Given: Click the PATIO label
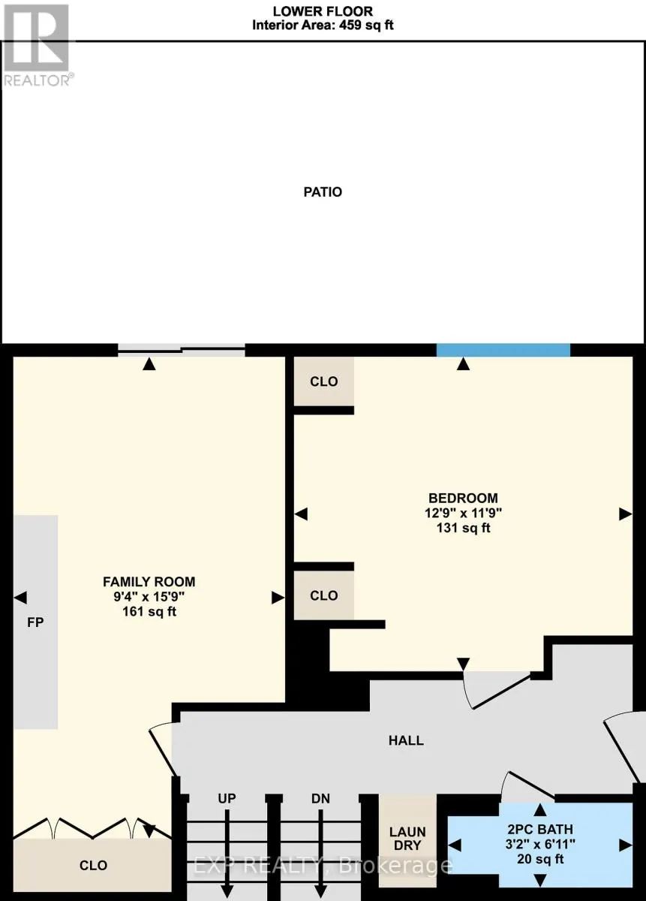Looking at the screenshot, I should click(x=323, y=192).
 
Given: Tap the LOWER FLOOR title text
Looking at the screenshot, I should click(x=323, y=11).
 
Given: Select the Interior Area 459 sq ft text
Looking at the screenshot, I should click(x=323, y=25).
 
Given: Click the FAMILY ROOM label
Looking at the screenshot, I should click(x=149, y=581).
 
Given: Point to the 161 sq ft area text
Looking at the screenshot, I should click(x=149, y=612).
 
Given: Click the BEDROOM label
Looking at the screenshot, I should click(x=463, y=498).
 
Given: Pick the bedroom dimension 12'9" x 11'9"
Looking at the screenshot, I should click(x=463, y=513).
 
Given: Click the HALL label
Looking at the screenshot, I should click(x=406, y=740).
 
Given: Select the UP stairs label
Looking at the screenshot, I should click(x=227, y=799).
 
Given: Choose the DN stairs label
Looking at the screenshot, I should click(x=321, y=799).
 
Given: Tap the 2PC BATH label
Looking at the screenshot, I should click(x=539, y=830).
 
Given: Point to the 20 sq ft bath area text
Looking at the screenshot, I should click(x=539, y=860).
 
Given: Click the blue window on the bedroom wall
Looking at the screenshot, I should click(x=503, y=350).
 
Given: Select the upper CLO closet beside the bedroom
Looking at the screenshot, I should click(x=324, y=381).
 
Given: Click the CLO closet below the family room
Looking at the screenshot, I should click(x=94, y=866).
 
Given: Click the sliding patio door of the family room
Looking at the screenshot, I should click(x=182, y=348).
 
